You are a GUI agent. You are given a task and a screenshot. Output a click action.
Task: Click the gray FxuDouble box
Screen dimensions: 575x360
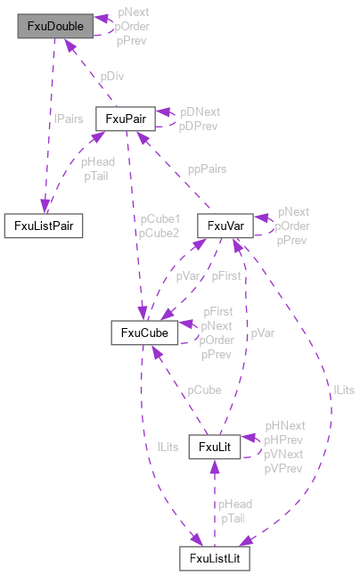pyautogui.click(x=55, y=27)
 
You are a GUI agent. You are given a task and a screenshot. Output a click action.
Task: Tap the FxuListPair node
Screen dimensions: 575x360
pyautogui.click(x=44, y=226)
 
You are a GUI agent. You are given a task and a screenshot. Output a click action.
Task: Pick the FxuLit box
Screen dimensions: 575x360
pyautogui.click(x=215, y=446)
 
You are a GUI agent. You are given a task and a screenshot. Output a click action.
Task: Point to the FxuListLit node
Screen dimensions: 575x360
pyautogui.click(x=214, y=559)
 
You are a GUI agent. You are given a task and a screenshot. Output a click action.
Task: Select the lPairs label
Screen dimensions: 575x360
pyautogui.click(x=69, y=118)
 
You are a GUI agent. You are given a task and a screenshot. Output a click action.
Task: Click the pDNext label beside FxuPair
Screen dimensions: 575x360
pyautogui.click(x=200, y=112)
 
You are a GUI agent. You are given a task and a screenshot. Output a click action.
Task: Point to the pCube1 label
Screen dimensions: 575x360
pyautogui.click(x=159, y=219)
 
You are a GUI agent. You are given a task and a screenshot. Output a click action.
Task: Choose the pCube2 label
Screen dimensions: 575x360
pyautogui.click(x=159, y=233)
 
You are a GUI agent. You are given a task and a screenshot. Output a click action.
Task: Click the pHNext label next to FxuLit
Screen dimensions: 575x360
pyautogui.click(x=284, y=427)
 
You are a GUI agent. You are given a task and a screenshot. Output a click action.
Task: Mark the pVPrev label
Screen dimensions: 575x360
pyautogui.click(x=284, y=467)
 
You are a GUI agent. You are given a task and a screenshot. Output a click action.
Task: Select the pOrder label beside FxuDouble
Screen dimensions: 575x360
pyautogui.click(x=132, y=27)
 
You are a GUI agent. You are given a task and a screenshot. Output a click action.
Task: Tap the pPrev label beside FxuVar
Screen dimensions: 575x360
pyautogui.click(x=292, y=240)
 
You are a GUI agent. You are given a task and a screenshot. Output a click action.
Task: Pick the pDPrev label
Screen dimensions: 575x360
pyautogui.click(x=200, y=126)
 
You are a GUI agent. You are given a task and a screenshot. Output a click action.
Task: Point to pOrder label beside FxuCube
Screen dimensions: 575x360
pyautogui.click(x=217, y=340)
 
